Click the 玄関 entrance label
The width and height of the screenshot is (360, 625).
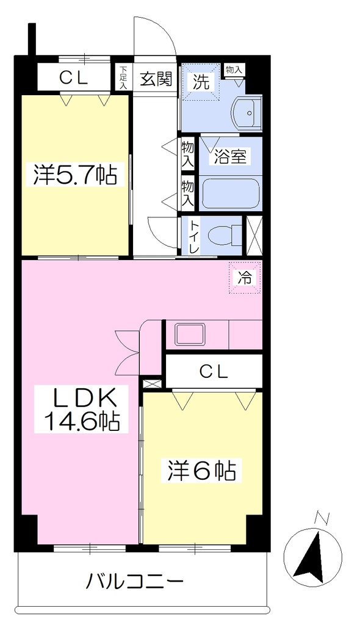[x=156, y=79]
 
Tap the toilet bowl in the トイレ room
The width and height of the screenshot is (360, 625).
[x=223, y=235]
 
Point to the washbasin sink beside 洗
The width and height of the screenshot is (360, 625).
[x=247, y=113]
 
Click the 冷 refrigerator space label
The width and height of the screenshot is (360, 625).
[x=245, y=278]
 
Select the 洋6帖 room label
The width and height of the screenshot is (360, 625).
[x=202, y=471]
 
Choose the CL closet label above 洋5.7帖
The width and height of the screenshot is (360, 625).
[x=74, y=78]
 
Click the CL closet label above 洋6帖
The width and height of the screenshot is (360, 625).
[x=214, y=372]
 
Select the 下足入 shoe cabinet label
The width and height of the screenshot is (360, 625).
[x=123, y=77]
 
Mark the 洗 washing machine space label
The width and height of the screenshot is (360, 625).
[x=201, y=82]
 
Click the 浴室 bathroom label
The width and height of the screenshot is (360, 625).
[x=230, y=157]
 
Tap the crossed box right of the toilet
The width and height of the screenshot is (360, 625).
[x=254, y=235]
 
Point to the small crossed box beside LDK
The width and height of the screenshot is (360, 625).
[x=153, y=384]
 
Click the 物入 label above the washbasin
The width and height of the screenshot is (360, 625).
[x=234, y=70]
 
